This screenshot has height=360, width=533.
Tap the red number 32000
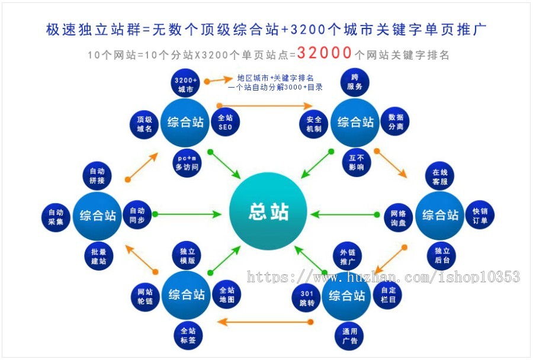tap(325, 53)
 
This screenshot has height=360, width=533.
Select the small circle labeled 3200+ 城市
tap(185, 85)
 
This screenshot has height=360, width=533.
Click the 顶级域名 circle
tap(145, 124)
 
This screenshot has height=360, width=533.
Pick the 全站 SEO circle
tap(225, 123)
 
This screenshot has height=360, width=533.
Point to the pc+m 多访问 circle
tap(186, 163)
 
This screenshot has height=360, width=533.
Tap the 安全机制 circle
tap(314, 123)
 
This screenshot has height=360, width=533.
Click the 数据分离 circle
tap(395, 122)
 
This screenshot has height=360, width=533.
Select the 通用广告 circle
tap(349, 335)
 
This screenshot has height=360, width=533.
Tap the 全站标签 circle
tap(188, 335)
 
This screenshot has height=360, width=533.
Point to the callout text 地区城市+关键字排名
tap(275, 78)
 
